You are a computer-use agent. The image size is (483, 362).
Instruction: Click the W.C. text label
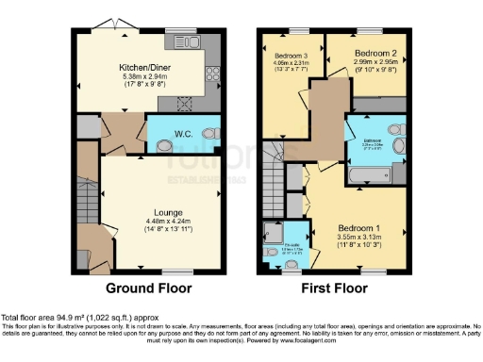(183, 135)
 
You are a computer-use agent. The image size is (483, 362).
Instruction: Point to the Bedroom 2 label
(368, 55)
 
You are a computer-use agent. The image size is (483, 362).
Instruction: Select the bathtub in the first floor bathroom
(377, 176)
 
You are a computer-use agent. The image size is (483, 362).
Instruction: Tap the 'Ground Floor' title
(148, 288)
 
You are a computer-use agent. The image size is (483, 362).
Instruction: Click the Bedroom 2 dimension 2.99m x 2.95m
(368, 63)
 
